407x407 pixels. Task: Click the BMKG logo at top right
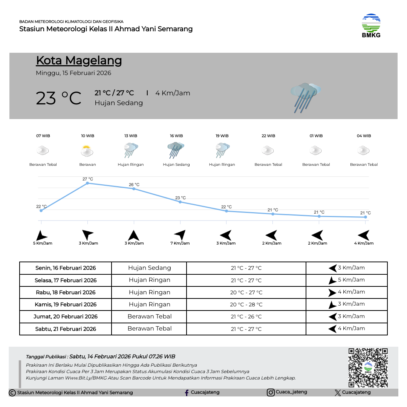point(371,26)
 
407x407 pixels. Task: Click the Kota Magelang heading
point(79,61)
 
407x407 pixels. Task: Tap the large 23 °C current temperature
point(58,98)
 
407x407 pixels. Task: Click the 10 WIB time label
point(88,136)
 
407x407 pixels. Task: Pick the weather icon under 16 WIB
point(176,150)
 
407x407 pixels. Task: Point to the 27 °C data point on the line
point(87,183)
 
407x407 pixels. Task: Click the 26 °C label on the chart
point(134,185)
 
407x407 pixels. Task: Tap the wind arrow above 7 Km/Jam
point(180,234)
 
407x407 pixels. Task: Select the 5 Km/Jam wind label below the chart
point(43,243)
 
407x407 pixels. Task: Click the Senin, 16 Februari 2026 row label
point(66,268)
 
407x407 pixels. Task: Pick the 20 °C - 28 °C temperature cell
point(246,304)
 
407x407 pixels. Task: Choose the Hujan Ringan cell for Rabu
point(149,292)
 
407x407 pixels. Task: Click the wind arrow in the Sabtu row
point(332,329)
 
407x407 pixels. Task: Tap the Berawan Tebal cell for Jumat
point(149,317)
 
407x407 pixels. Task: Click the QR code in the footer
point(368,367)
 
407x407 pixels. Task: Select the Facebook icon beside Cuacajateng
point(187,393)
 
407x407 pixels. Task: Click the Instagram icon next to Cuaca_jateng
point(271,392)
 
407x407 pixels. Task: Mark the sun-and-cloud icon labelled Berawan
point(87,151)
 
